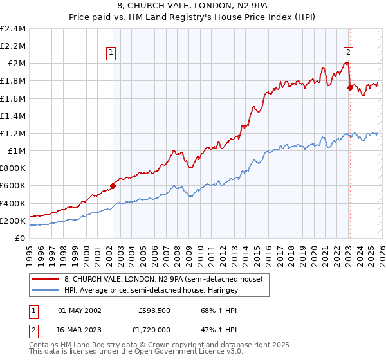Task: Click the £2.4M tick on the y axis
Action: (13, 29)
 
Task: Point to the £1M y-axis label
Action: (15, 151)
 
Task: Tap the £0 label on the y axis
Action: (21, 238)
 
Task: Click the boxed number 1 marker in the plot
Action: (112, 53)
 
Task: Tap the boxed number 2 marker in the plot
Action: (348, 53)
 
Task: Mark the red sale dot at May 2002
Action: (113, 186)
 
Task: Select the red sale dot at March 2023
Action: (350, 88)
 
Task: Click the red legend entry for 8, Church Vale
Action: (163, 280)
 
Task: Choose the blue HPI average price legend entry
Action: (151, 291)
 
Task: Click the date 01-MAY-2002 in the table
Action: (80, 310)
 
